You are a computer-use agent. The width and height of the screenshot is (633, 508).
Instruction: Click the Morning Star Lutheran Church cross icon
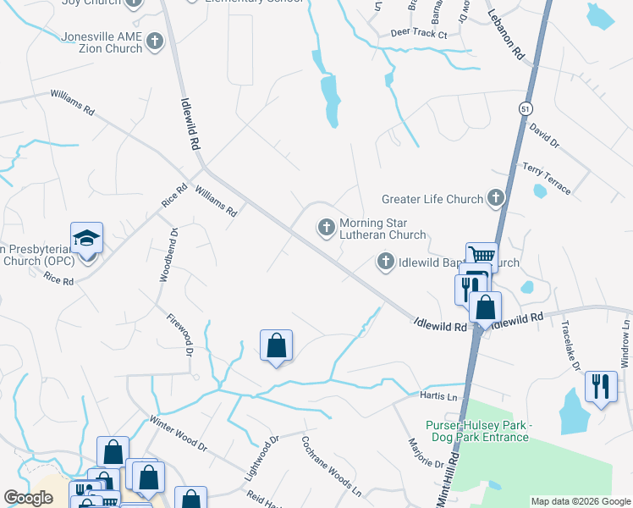point(326,227)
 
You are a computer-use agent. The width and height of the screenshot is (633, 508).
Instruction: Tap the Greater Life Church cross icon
point(495,199)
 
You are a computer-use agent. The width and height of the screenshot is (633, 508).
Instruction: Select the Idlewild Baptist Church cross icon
point(385,262)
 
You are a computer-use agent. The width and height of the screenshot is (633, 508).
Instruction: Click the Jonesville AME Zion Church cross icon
point(154,41)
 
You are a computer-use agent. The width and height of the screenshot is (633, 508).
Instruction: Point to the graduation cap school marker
point(86,238)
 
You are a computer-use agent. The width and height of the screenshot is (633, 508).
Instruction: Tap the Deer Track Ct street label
point(418,34)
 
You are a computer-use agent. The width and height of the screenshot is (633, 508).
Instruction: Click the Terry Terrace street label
point(547,178)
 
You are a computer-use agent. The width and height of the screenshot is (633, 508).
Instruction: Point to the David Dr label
point(544,137)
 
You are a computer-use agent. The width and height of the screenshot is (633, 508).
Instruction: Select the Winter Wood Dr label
point(178,432)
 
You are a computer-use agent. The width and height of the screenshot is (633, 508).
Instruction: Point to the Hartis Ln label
point(438,395)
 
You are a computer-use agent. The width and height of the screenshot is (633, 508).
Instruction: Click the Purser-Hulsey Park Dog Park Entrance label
point(476,431)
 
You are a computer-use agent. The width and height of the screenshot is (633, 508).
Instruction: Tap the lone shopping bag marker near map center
point(276,345)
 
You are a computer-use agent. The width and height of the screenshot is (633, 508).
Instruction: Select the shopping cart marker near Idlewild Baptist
point(482,256)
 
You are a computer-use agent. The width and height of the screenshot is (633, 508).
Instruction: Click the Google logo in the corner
point(28,498)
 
